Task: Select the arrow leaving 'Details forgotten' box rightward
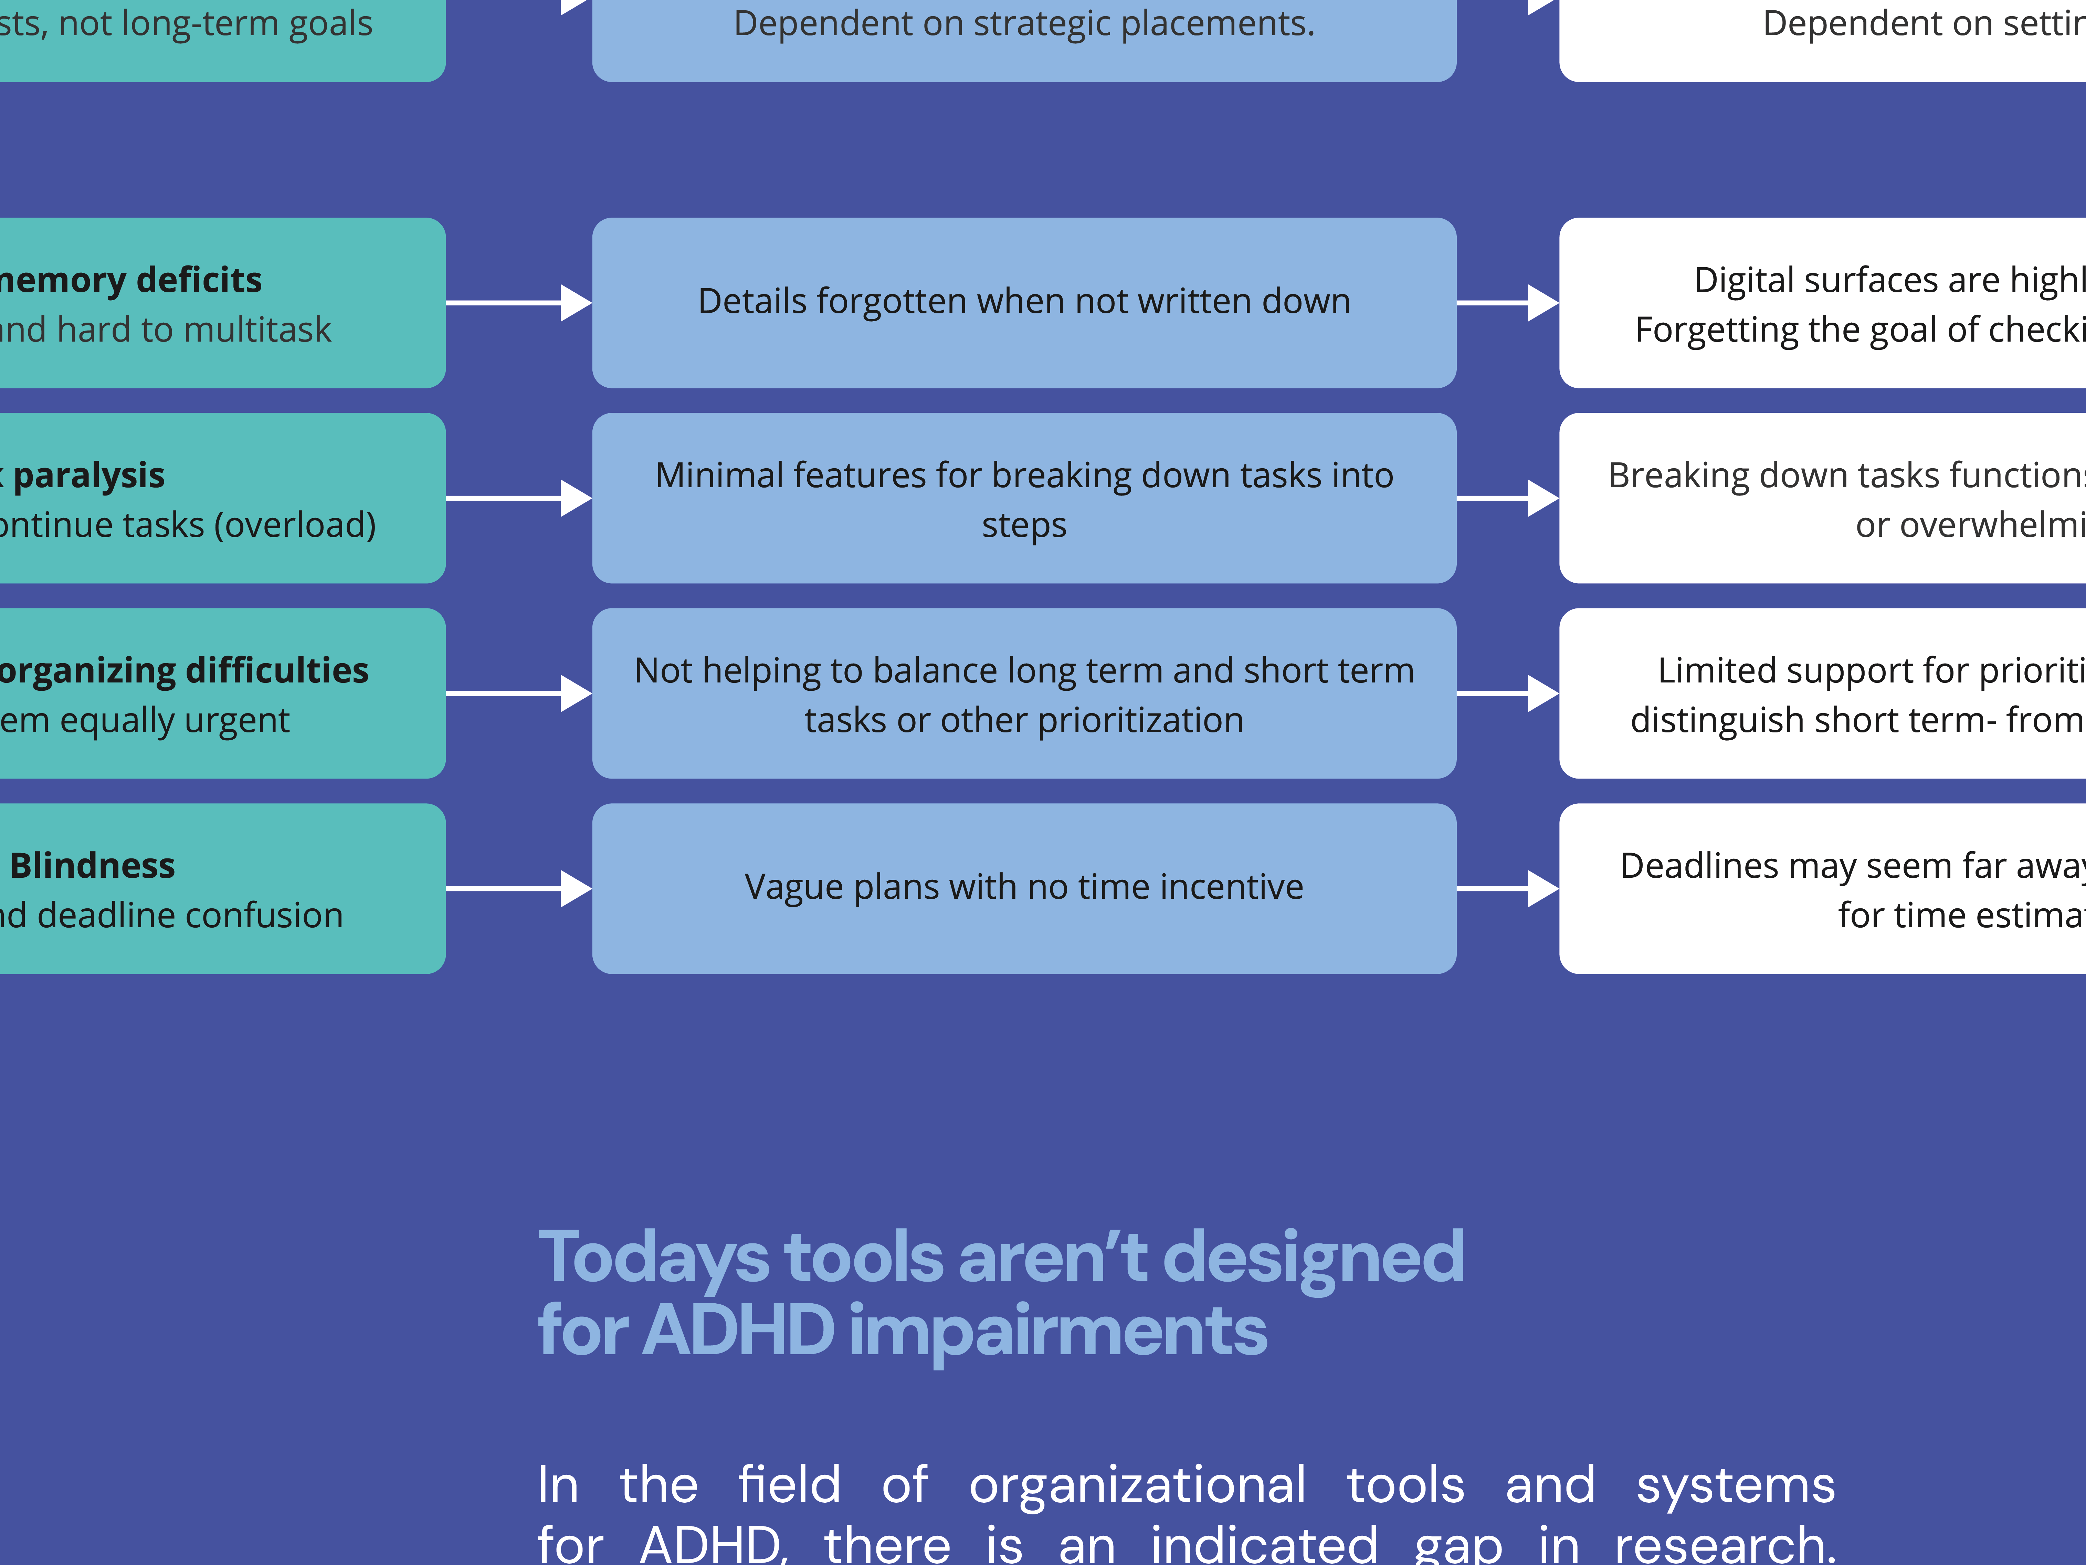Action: coord(1507,303)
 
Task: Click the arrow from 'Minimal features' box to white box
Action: coord(1507,498)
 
